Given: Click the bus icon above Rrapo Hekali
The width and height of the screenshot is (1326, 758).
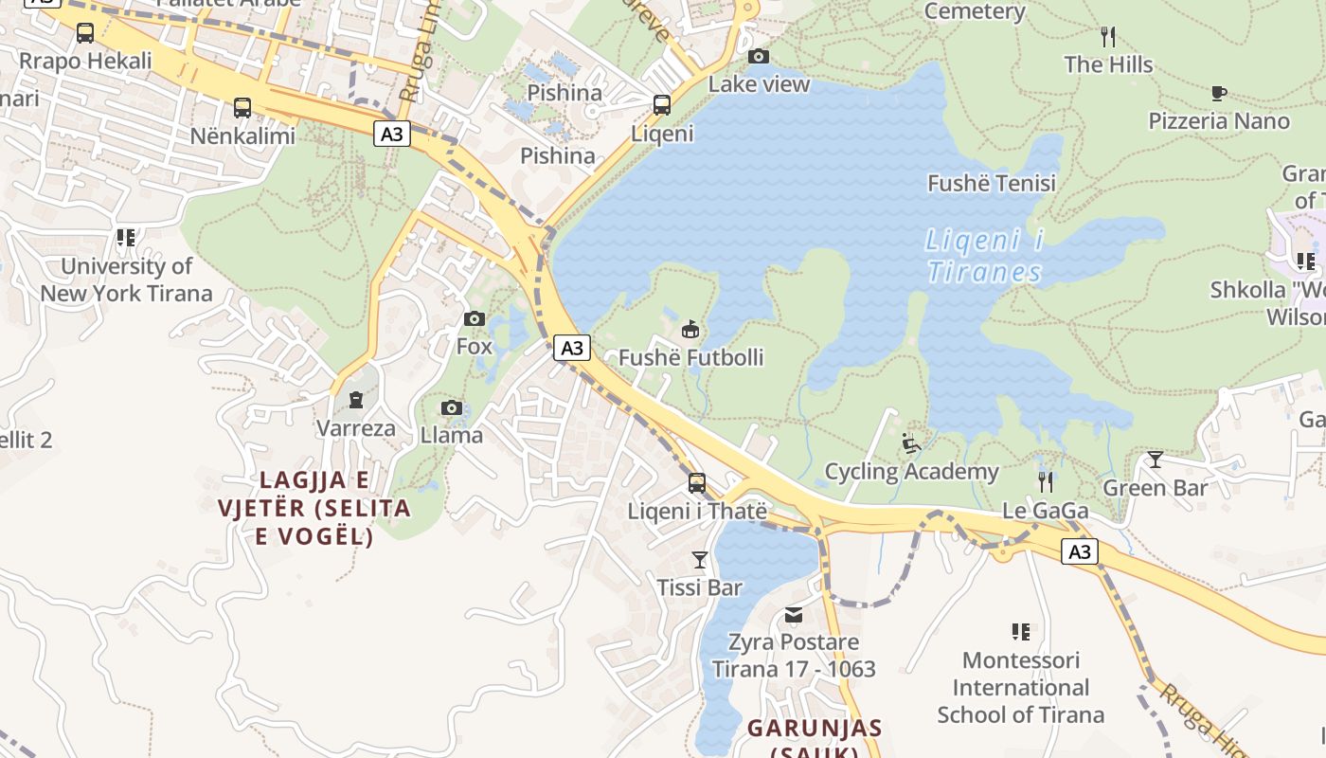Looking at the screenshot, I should [x=85, y=33].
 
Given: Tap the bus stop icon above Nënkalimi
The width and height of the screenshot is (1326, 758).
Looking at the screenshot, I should [x=242, y=107].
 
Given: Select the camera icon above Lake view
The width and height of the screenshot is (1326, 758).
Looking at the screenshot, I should [x=759, y=56].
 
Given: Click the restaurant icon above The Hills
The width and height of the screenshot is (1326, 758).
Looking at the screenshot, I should [x=1108, y=37].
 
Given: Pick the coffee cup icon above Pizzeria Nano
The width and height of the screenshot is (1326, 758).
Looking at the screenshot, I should [x=1218, y=93].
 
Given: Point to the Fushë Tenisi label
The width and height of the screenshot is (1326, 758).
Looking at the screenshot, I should [x=991, y=183].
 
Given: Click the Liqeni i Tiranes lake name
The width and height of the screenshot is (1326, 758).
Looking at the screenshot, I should [x=984, y=256].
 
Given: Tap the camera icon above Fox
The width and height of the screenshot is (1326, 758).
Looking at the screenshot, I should [x=475, y=318].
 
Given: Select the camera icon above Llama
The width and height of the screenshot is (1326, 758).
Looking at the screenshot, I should [x=452, y=407].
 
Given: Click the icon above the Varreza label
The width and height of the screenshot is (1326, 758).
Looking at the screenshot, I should [x=356, y=400].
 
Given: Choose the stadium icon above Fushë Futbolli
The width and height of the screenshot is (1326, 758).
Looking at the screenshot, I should [x=690, y=330].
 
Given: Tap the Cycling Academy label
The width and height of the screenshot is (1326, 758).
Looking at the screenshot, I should [x=911, y=471].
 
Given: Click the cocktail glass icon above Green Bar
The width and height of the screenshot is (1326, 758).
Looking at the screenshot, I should [x=1155, y=460].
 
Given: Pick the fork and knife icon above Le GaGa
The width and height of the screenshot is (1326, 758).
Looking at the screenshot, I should [x=1045, y=481].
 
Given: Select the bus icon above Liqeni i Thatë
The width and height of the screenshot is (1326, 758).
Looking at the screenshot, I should [x=697, y=483].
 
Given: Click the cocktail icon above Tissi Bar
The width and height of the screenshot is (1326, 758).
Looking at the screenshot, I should [x=700, y=559].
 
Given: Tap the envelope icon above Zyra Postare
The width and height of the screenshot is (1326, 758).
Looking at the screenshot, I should [x=794, y=615].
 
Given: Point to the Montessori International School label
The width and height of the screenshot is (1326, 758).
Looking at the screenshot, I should [x=1020, y=687].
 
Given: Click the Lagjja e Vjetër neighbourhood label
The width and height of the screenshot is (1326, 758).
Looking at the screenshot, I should [x=314, y=507].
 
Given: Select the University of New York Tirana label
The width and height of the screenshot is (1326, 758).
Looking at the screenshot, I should [x=126, y=280].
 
